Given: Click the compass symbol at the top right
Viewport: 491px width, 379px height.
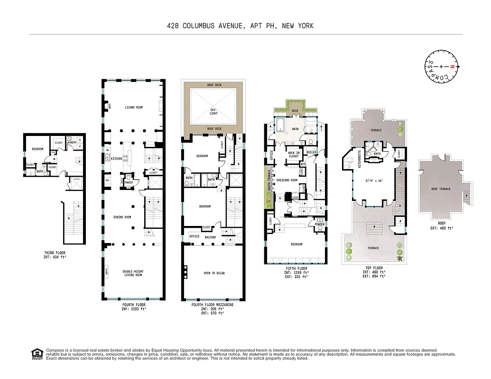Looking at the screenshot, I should pos(441,67).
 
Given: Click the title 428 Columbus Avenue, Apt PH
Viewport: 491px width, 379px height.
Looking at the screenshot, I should pos(240,26).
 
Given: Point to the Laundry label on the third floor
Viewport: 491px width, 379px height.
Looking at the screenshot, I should pos(72,142).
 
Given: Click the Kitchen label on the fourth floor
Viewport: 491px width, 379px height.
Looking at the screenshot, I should pos(117,159).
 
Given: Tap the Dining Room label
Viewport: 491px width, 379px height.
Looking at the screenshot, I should pos(122,217).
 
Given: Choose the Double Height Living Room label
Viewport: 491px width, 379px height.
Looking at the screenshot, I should pos(133,273).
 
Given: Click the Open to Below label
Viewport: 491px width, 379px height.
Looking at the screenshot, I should pos(214,273).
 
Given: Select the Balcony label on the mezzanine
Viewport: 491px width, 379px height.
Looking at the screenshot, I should pos(210,237).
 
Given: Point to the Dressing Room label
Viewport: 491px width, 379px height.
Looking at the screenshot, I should pos(287,180).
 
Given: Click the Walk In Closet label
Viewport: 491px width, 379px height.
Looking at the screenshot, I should pos(294,153).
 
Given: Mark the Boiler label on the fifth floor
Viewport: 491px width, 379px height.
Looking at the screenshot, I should pos(311,152).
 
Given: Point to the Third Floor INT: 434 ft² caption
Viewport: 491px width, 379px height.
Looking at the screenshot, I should pos(55,255).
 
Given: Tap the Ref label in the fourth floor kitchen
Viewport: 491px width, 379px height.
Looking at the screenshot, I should pos(108,180).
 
